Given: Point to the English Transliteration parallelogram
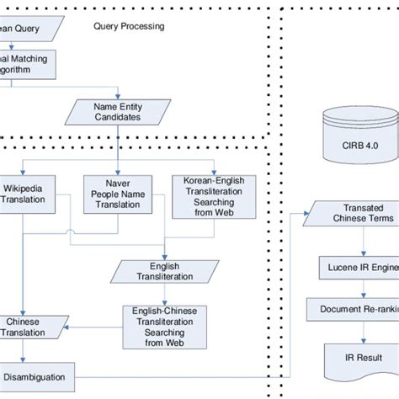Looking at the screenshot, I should click(160, 271).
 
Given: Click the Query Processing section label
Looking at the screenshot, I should click(128, 27).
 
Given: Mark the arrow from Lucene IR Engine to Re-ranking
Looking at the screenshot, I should click(362, 288).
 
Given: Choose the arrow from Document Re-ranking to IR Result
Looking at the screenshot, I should click(362, 328).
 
